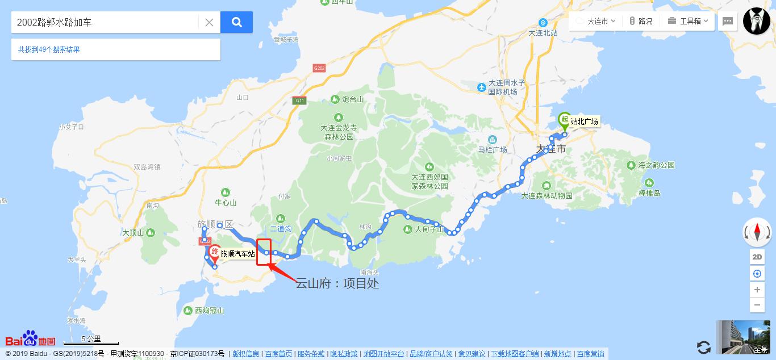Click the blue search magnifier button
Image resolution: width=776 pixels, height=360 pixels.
[237, 22]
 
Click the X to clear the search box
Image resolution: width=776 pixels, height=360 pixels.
[209, 22]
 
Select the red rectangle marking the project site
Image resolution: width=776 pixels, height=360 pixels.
[264, 252]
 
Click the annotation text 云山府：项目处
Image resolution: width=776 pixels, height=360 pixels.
[337, 283]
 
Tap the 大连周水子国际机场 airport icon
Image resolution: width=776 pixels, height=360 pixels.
[482, 87]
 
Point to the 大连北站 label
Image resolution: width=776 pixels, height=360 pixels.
[543, 33]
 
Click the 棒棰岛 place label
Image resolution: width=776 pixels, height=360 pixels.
[649, 193]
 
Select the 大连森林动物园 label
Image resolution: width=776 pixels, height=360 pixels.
[546, 196]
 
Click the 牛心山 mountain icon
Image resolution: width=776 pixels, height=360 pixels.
[226, 192]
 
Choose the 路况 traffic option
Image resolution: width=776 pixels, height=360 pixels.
[641, 21]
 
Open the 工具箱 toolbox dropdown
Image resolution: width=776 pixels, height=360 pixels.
[688, 21]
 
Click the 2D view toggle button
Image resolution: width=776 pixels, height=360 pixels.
[757, 257]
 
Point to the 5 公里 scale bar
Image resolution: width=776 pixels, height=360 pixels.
[91, 341]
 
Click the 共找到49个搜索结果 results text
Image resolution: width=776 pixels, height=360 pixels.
[49, 49]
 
